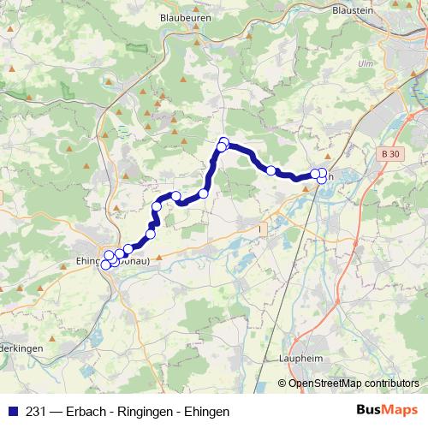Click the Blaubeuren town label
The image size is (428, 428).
coord(185,16)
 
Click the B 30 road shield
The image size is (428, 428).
coord(389,153)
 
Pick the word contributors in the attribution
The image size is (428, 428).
coord(391,383)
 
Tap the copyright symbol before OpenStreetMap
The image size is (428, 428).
coord(282,383)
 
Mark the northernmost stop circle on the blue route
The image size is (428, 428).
coord(224,142)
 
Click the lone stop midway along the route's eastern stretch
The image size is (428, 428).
coord(271,170)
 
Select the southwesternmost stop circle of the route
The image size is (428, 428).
coord(106,265)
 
